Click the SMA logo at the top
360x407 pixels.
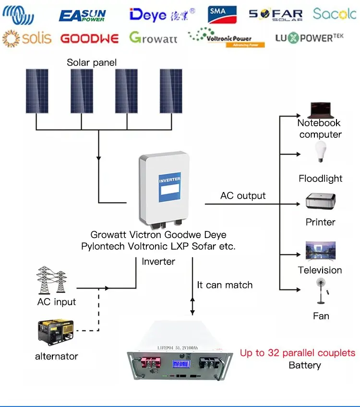pos(222,14)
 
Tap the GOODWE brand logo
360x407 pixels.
pos(90,38)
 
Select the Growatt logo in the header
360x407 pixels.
pos(153,38)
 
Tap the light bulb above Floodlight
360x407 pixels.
pos(320,152)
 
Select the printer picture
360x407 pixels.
pos(321,201)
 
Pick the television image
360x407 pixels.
pos(320,251)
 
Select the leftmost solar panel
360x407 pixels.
pos(37,91)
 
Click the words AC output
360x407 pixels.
pos(243,196)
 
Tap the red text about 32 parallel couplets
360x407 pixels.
pos(298,353)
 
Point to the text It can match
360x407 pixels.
pos(225,285)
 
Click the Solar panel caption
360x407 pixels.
pos(92,63)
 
